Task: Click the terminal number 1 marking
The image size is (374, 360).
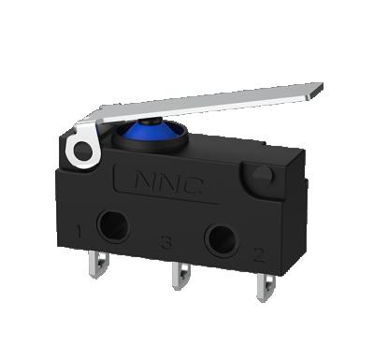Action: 81,229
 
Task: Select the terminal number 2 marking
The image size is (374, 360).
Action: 257,252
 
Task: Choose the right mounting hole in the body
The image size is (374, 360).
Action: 220,238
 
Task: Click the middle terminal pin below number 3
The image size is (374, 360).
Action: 179,280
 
